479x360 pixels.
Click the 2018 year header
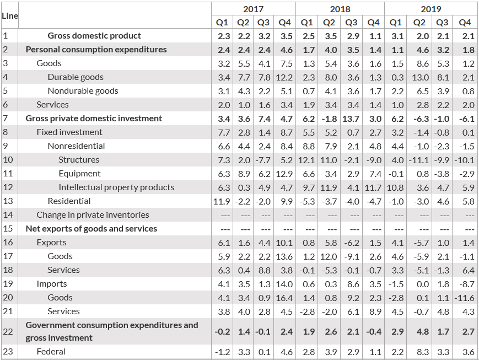[x=340, y=9]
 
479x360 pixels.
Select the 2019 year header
[x=430, y=9]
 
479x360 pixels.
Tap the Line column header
[x=10, y=16]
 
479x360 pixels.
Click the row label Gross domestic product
[x=94, y=36]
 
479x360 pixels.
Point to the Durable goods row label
[x=76, y=77]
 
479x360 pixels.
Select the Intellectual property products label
[x=116, y=187]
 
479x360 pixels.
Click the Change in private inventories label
[x=93, y=215]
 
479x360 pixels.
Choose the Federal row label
[x=51, y=351]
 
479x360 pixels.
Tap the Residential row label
[x=69, y=201]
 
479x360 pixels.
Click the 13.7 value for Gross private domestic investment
[x=351, y=119]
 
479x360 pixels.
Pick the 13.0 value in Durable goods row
[x=420, y=77]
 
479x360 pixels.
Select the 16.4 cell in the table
[x=284, y=298]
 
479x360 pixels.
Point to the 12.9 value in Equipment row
[x=284, y=174]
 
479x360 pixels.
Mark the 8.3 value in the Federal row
[x=423, y=352]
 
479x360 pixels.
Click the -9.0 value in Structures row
[x=374, y=160]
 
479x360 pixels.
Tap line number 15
[x=8, y=229]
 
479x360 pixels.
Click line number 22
[x=8, y=331]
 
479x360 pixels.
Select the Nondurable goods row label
[x=83, y=91]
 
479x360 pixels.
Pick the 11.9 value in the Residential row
[x=222, y=201]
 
